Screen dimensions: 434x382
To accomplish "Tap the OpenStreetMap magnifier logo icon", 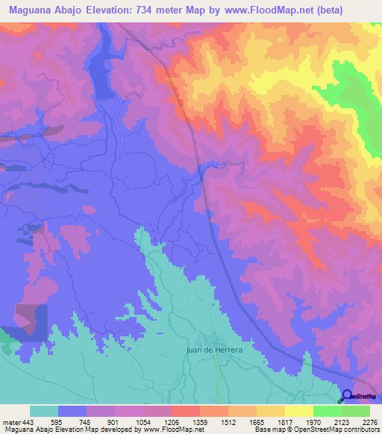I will [x=347, y=396].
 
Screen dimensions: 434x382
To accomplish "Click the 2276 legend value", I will [x=371, y=421].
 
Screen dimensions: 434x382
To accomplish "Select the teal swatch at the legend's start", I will [x=44, y=411].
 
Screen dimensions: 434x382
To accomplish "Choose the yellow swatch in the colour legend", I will [x=299, y=411].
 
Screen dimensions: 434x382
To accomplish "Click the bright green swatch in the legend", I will [x=328, y=411].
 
